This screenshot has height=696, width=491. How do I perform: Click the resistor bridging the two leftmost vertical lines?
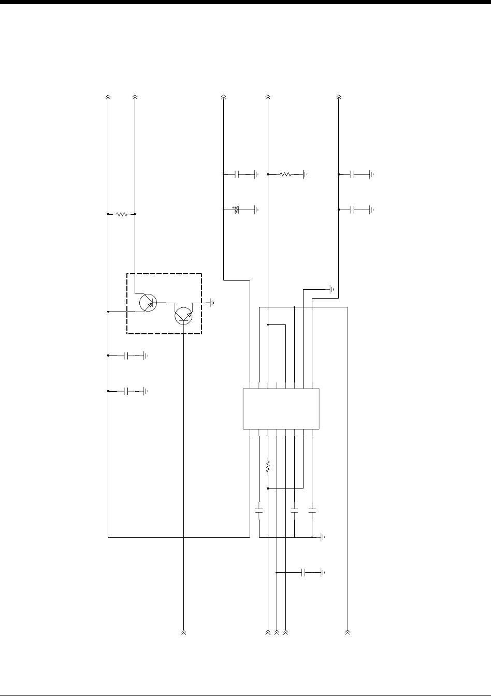(x=121, y=214)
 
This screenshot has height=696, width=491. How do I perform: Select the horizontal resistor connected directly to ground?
(x=286, y=175)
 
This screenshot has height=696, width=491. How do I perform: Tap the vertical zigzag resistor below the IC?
(x=268, y=467)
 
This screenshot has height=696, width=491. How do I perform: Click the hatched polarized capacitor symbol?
(x=236, y=210)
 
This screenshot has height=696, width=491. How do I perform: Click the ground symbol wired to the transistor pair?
(x=211, y=302)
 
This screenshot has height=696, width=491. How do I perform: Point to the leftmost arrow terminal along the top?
(x=108, y=97)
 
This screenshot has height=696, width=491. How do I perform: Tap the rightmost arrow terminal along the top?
(x=339, y=97)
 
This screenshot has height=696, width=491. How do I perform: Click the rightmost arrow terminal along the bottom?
(x=348, y=632)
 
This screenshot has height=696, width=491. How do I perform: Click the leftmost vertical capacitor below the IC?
(x=259, y=511)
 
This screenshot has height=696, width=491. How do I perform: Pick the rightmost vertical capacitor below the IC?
(x=312, y=511)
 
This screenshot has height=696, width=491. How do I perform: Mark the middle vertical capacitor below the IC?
(x=294, y=511)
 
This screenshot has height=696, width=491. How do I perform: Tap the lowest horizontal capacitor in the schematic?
(x=304, y=573)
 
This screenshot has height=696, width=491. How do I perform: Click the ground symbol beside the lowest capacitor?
(x=323, y=573)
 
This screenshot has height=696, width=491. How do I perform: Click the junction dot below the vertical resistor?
(x=268, y=488)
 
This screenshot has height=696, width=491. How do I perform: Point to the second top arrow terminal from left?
(x=135, y=97)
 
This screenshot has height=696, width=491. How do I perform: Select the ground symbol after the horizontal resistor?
(x=305, y=175)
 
